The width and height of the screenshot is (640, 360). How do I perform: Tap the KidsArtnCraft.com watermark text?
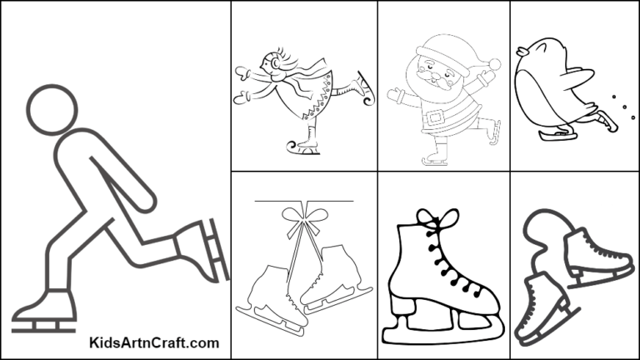click(154, 342)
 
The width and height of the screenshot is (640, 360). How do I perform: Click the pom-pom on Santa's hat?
click(494, 64)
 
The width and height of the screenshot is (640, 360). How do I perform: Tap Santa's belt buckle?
click(432, 118)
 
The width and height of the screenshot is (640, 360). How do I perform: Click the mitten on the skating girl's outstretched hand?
click(242, 72)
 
